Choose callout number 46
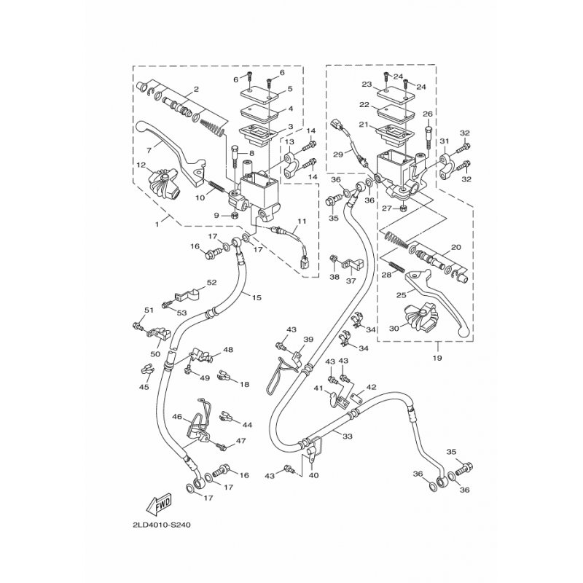(x=176, y=417)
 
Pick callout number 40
(x=314, y=476)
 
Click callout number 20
(x=456, y=246)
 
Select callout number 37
(x=350, y=282)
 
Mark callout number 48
(x=228, y=350)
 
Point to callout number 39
(x=308, y=340)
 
